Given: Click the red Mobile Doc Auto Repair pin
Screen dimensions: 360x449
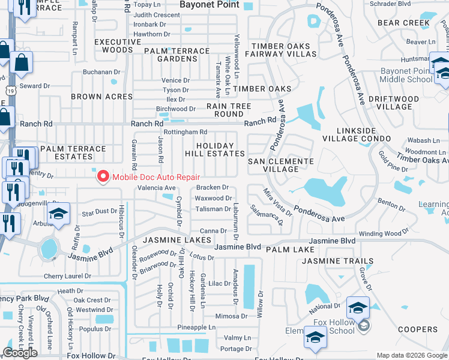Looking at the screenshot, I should click(x=103, y=176).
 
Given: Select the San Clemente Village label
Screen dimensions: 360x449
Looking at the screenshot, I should click(x=281, y=165).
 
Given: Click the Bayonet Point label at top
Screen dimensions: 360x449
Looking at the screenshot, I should click(x=209, y=5).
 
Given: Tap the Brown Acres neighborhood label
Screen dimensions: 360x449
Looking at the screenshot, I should click(x=101, y=97).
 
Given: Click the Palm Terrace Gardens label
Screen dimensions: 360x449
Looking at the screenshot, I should click(x=177, y=55).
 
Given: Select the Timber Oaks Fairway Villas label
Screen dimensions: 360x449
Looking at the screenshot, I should click(x=283, y=50).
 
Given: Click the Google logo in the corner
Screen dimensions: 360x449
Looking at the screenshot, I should click(x=20, y=353).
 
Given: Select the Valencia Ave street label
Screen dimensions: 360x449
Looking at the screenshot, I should click(x=157, y=188).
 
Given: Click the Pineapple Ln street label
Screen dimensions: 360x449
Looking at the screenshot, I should click(x=196, y=328).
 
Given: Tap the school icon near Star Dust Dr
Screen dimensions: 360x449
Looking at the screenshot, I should click(x=58, y=213).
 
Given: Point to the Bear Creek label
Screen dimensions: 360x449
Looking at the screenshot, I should click(x=403, y=23).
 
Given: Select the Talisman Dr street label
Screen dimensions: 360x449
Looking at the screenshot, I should click(x=213, y=209).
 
